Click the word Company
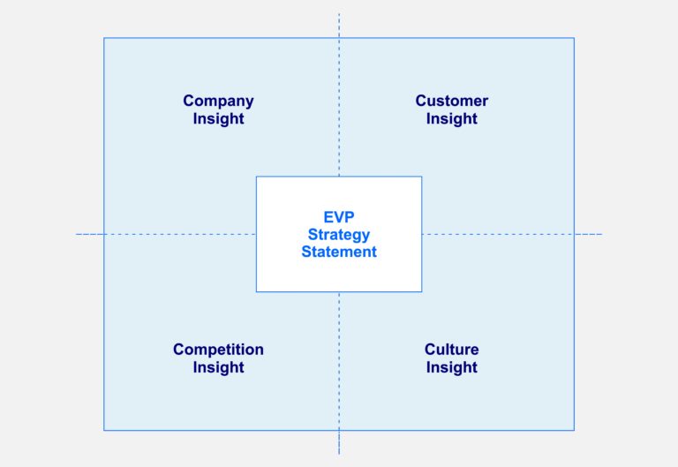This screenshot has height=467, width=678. tap(218, 102)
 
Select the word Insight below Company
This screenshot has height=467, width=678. tap(218, 119)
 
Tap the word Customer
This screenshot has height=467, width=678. tap(451, 102)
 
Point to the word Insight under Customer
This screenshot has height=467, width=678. tap(451, 119)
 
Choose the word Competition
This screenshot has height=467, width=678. tap(218, 350)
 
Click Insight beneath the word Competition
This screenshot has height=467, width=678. tap(218, 367)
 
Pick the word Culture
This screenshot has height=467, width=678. tap(451, 350)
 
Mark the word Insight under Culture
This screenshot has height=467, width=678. tap(451, 367)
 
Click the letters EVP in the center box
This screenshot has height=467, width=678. tap(339, 217)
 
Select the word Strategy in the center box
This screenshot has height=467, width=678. tap(339, 235)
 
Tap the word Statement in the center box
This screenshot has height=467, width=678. tap(339, 252)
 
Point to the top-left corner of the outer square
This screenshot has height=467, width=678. tap(104, 38)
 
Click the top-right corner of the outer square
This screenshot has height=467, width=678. tap(574, 38)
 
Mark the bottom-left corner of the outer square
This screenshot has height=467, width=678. tap(104, 430)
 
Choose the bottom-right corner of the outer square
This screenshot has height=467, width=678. tap(574, 430)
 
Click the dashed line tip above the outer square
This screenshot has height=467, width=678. tap(339, 14)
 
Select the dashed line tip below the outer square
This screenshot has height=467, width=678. tap(339, 453)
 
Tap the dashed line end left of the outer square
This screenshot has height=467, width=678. tap(77, 234)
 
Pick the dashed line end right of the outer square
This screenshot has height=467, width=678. tap(602, 234)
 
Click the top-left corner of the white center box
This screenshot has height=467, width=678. tap(257, 177)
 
